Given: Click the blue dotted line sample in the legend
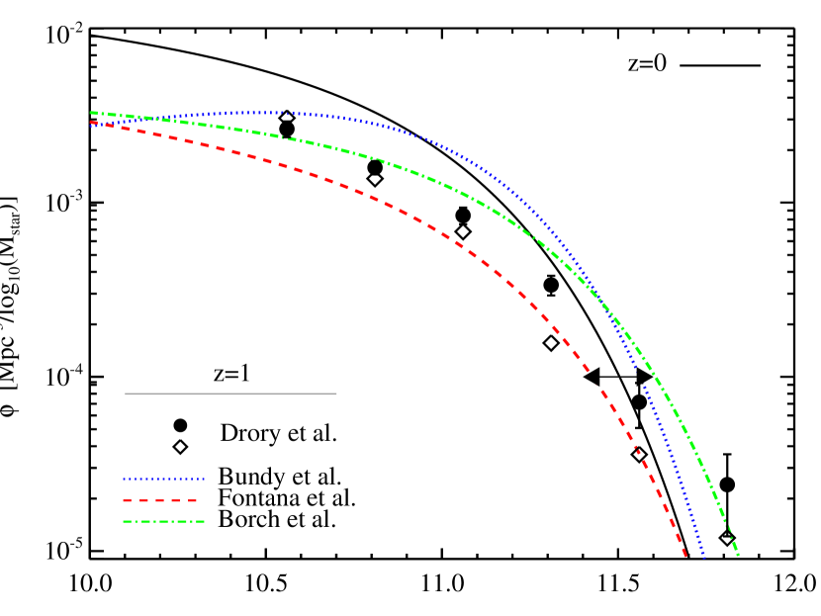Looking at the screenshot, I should click(163, 479).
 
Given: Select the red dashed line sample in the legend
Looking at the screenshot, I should click(160, 500).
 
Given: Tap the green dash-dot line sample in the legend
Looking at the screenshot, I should click(163, 521).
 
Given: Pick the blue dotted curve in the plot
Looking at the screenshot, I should click(396, 129).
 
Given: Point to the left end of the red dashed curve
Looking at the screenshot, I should click(91, 123).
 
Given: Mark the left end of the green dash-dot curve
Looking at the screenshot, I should click(91, 113).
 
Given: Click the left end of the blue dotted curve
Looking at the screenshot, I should click(91, 126).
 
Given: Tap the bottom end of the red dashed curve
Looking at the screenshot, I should click(685, 556).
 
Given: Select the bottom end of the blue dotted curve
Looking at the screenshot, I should click(703, 556).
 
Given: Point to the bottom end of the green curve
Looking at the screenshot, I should click(738, 555).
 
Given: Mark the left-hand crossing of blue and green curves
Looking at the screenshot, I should click(148, 119).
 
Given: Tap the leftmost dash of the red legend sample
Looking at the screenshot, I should click(128, 500).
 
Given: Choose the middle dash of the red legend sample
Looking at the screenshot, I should click(160, 500).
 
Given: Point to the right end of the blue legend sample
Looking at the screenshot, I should click(204, 479).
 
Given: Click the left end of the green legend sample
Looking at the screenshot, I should click(124, 521).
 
